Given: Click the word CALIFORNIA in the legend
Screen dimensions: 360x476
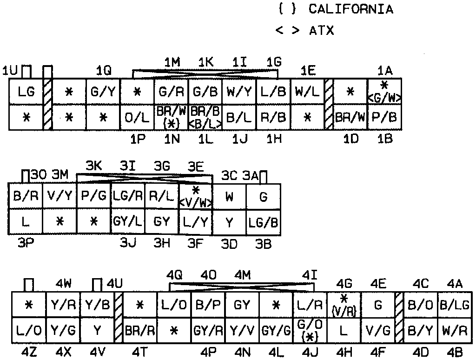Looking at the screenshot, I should coord(350,9).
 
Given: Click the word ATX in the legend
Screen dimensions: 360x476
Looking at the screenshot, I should coord(321,31).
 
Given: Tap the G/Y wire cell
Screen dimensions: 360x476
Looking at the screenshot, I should coord(103,92).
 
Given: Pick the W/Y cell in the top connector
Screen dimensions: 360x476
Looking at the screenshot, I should coord(238,92).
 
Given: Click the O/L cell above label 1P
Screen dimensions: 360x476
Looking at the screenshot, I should coord(137,118).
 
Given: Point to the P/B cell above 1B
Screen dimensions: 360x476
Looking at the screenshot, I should coord(385,118).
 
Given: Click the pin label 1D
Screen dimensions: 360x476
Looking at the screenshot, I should coord(350,139).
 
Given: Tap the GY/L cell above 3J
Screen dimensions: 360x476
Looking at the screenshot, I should coord(128,221).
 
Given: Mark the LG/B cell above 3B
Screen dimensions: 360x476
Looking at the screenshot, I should coord(264,221).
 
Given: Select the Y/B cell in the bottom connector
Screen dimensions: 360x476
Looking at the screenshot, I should coord(97,305).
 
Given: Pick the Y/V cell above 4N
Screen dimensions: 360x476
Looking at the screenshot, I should coord(242,330).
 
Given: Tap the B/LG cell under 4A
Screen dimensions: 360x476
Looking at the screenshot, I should coord(454,305).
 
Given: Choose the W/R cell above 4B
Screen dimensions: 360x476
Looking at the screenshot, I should coord(454,330).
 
